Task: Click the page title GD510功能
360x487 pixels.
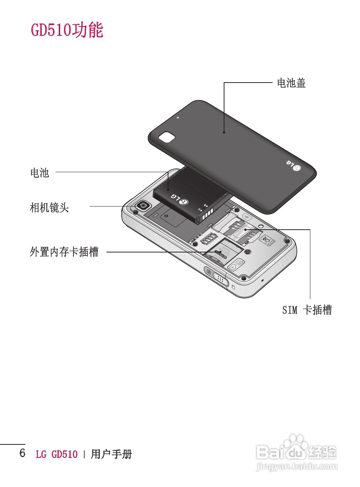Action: (67, 30)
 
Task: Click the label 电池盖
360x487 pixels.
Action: (291, 83)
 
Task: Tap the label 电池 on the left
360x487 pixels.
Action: (40, 173)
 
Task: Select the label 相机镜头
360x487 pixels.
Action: (49, 207)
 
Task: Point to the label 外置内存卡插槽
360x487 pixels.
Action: (64, 252)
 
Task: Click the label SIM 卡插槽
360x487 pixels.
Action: (307, 310)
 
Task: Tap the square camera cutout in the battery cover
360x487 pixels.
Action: (167, 137)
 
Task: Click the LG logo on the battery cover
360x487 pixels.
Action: (294, 165)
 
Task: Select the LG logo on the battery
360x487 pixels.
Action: (180, 199)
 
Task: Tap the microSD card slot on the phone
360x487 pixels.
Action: (222, 252)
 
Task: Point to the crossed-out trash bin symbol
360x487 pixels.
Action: (266, 239)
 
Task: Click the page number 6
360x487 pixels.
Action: (22, 453)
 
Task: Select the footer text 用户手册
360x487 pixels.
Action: (111, 454)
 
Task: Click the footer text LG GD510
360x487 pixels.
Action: (57, 454)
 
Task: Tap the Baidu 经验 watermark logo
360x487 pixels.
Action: (297, 452)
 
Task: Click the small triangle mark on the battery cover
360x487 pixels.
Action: (178, 117)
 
